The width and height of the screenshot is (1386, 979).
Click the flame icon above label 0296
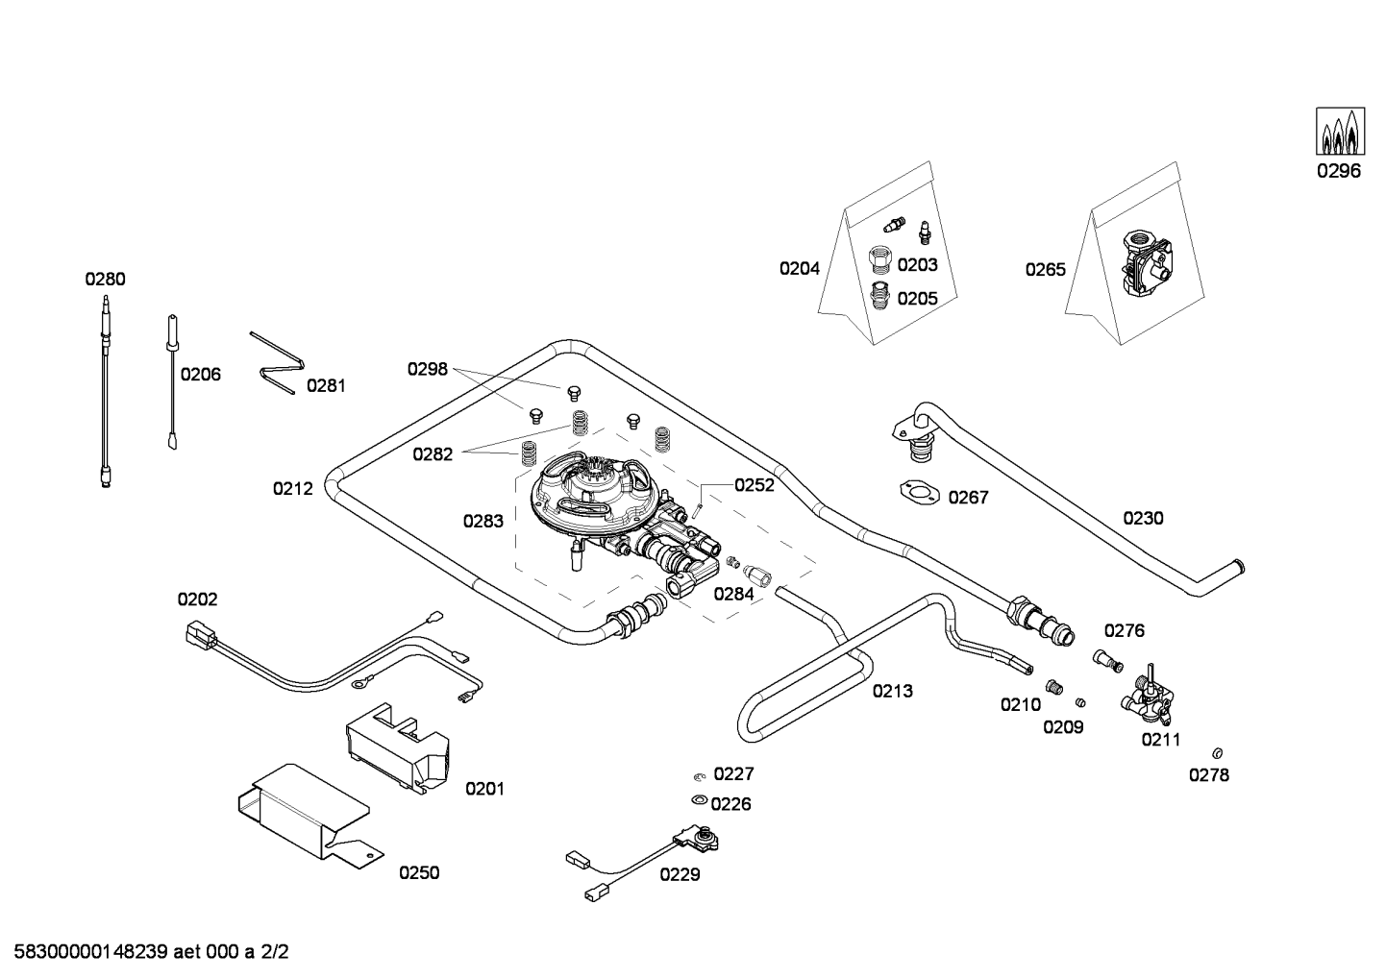click(1339, 132)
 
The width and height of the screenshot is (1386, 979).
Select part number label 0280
click(105, 280)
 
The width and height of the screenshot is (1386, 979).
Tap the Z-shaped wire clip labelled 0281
click(276, 363)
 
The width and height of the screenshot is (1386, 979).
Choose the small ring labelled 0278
click(1218, 752)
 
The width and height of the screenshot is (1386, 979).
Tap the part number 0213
click(892, 691)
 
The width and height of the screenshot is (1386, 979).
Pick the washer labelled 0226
click(699, 800)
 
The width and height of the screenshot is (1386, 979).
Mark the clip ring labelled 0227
click(699, 775)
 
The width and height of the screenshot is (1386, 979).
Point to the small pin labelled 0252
click(701, 499)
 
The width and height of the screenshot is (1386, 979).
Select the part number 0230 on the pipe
click(1143, 519)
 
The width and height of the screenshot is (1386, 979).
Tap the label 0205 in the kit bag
click(917, 299)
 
